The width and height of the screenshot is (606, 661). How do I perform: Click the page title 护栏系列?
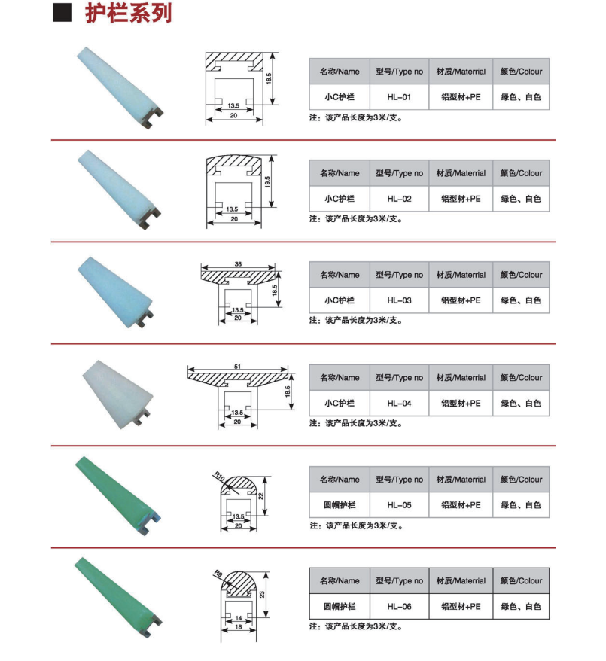(129, 13)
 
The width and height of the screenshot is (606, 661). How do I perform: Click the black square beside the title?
(62, 13)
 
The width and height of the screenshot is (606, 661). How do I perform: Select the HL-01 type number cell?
(399, 97)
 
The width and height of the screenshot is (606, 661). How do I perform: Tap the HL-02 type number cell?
(399, 199)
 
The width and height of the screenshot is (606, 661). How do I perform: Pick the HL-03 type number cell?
(399, 300)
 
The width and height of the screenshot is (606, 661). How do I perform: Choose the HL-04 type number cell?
(399, 403)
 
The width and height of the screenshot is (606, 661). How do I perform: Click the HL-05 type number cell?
(399, 504)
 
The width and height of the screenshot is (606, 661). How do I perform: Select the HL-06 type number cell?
(399, 606)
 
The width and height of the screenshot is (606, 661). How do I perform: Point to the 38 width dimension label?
(238, 264)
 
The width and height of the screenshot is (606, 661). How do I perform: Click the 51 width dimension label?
(237, 367)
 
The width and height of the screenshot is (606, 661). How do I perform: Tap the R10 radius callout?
(219, 477)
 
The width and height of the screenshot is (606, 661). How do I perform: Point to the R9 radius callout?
(218, 574)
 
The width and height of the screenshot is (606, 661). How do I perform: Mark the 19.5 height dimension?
(267, 181)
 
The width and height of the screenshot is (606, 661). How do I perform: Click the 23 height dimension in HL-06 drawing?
(262, 595)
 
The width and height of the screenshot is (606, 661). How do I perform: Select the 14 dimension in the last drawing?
(239, 618)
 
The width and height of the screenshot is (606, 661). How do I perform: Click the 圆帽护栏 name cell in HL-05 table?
(340, 504)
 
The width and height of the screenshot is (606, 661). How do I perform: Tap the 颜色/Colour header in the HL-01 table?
(521, 72)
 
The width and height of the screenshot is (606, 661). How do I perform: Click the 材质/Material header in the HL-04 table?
(461, 377)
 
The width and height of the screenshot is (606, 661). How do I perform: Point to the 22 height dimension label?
(261, 496)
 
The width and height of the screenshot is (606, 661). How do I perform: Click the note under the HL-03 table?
(355, 321)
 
